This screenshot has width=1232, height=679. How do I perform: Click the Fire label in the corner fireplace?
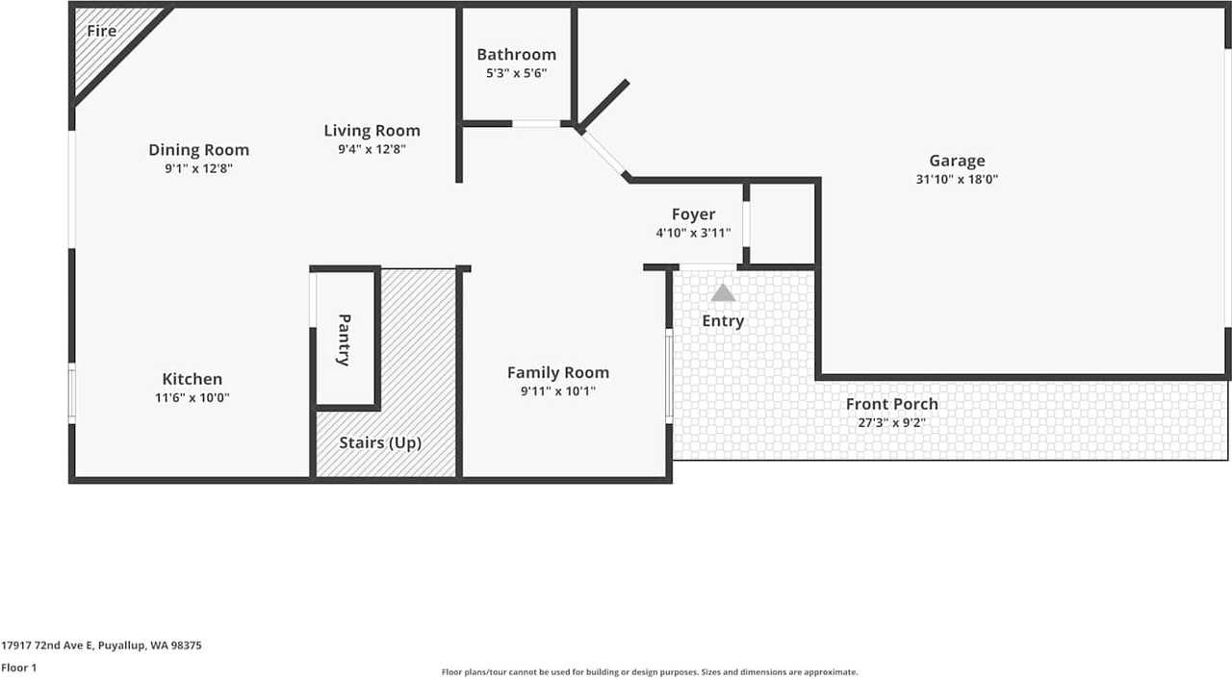point(102,31)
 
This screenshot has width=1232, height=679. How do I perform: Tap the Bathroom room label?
point(517,55)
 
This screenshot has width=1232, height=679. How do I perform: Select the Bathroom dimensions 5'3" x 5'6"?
point(517,73)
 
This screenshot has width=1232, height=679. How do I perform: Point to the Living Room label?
point(372,130)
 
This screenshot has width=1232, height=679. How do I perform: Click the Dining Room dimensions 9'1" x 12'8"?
point(198,168)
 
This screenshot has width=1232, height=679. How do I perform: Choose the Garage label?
point(957,161)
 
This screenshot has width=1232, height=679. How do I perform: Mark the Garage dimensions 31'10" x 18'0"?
point(957,179)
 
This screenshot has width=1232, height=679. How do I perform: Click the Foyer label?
point(694,214)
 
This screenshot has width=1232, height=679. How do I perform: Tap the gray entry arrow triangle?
point(723,292)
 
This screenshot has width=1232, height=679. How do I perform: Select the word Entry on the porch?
point(723,321)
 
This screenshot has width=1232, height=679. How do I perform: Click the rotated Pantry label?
point(345,340)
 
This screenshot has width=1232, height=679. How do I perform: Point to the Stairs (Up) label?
point(380,442)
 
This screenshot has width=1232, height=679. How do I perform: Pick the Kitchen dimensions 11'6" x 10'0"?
point(192,398)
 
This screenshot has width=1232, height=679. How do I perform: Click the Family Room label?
point(558,372)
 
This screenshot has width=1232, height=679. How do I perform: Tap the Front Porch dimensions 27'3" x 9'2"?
point(892,422)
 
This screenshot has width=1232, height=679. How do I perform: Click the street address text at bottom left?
point(101,645)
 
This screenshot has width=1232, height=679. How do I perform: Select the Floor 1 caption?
point(18,668)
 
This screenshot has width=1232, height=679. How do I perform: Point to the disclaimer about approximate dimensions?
point(650,672)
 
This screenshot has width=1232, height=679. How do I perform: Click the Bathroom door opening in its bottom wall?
point(536,124)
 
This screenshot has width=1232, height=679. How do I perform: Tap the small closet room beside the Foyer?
point(783,223)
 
